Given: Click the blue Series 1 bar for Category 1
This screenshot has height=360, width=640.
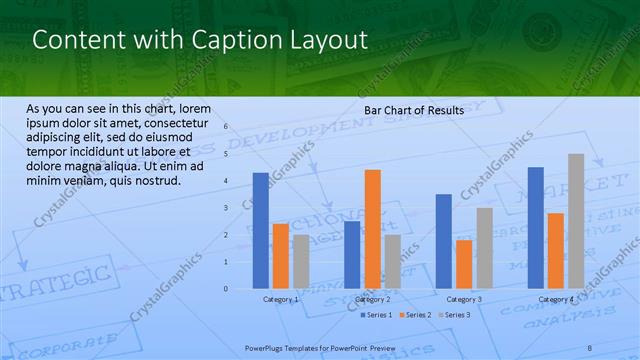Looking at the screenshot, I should [260, 230].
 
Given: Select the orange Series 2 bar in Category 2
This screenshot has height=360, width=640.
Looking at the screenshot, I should [372, 229].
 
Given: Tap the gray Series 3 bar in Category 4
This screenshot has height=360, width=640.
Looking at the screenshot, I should [576, 221].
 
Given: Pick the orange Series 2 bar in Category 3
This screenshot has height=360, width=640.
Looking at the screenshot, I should [464, 264].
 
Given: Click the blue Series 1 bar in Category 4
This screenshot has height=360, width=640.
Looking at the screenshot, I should [536, 228].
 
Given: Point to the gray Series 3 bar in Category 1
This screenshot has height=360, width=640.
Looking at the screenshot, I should [301, 261].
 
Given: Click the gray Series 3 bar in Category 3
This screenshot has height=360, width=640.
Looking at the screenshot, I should [484, 248].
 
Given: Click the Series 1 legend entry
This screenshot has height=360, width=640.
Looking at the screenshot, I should [375, 315].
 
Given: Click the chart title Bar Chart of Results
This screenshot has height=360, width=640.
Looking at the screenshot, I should [414, 110].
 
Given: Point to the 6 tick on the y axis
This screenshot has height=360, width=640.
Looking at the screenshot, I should [226, 127].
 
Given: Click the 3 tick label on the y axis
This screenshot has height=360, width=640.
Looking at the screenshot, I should [226, 208].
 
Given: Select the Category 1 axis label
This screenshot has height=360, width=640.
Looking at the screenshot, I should [281, 299].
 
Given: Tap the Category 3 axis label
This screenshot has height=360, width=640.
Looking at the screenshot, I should [464, 299].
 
